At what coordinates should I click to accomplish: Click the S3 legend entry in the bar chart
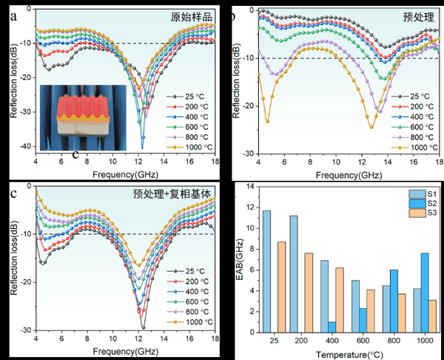421,213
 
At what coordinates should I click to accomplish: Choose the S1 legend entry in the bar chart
421,192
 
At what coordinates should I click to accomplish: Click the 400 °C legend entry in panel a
188,117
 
